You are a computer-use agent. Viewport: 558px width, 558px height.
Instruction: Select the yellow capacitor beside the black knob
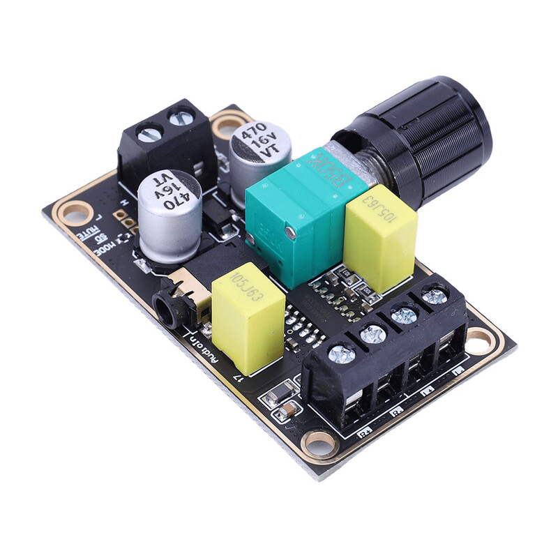(x=380, y=237)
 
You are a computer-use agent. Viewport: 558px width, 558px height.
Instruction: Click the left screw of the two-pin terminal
(x=150, y=133)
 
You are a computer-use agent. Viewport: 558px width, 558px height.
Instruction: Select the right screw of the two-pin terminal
(x=181, y=116)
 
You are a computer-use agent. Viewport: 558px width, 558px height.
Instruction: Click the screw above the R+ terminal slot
(x=341, y=354)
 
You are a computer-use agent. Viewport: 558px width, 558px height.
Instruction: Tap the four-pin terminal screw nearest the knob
(x=435, y=296)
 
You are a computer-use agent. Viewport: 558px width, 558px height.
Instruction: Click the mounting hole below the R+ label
(x=320, y=441)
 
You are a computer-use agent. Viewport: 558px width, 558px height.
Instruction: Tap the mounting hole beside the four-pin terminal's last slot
(x=479, y=340)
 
